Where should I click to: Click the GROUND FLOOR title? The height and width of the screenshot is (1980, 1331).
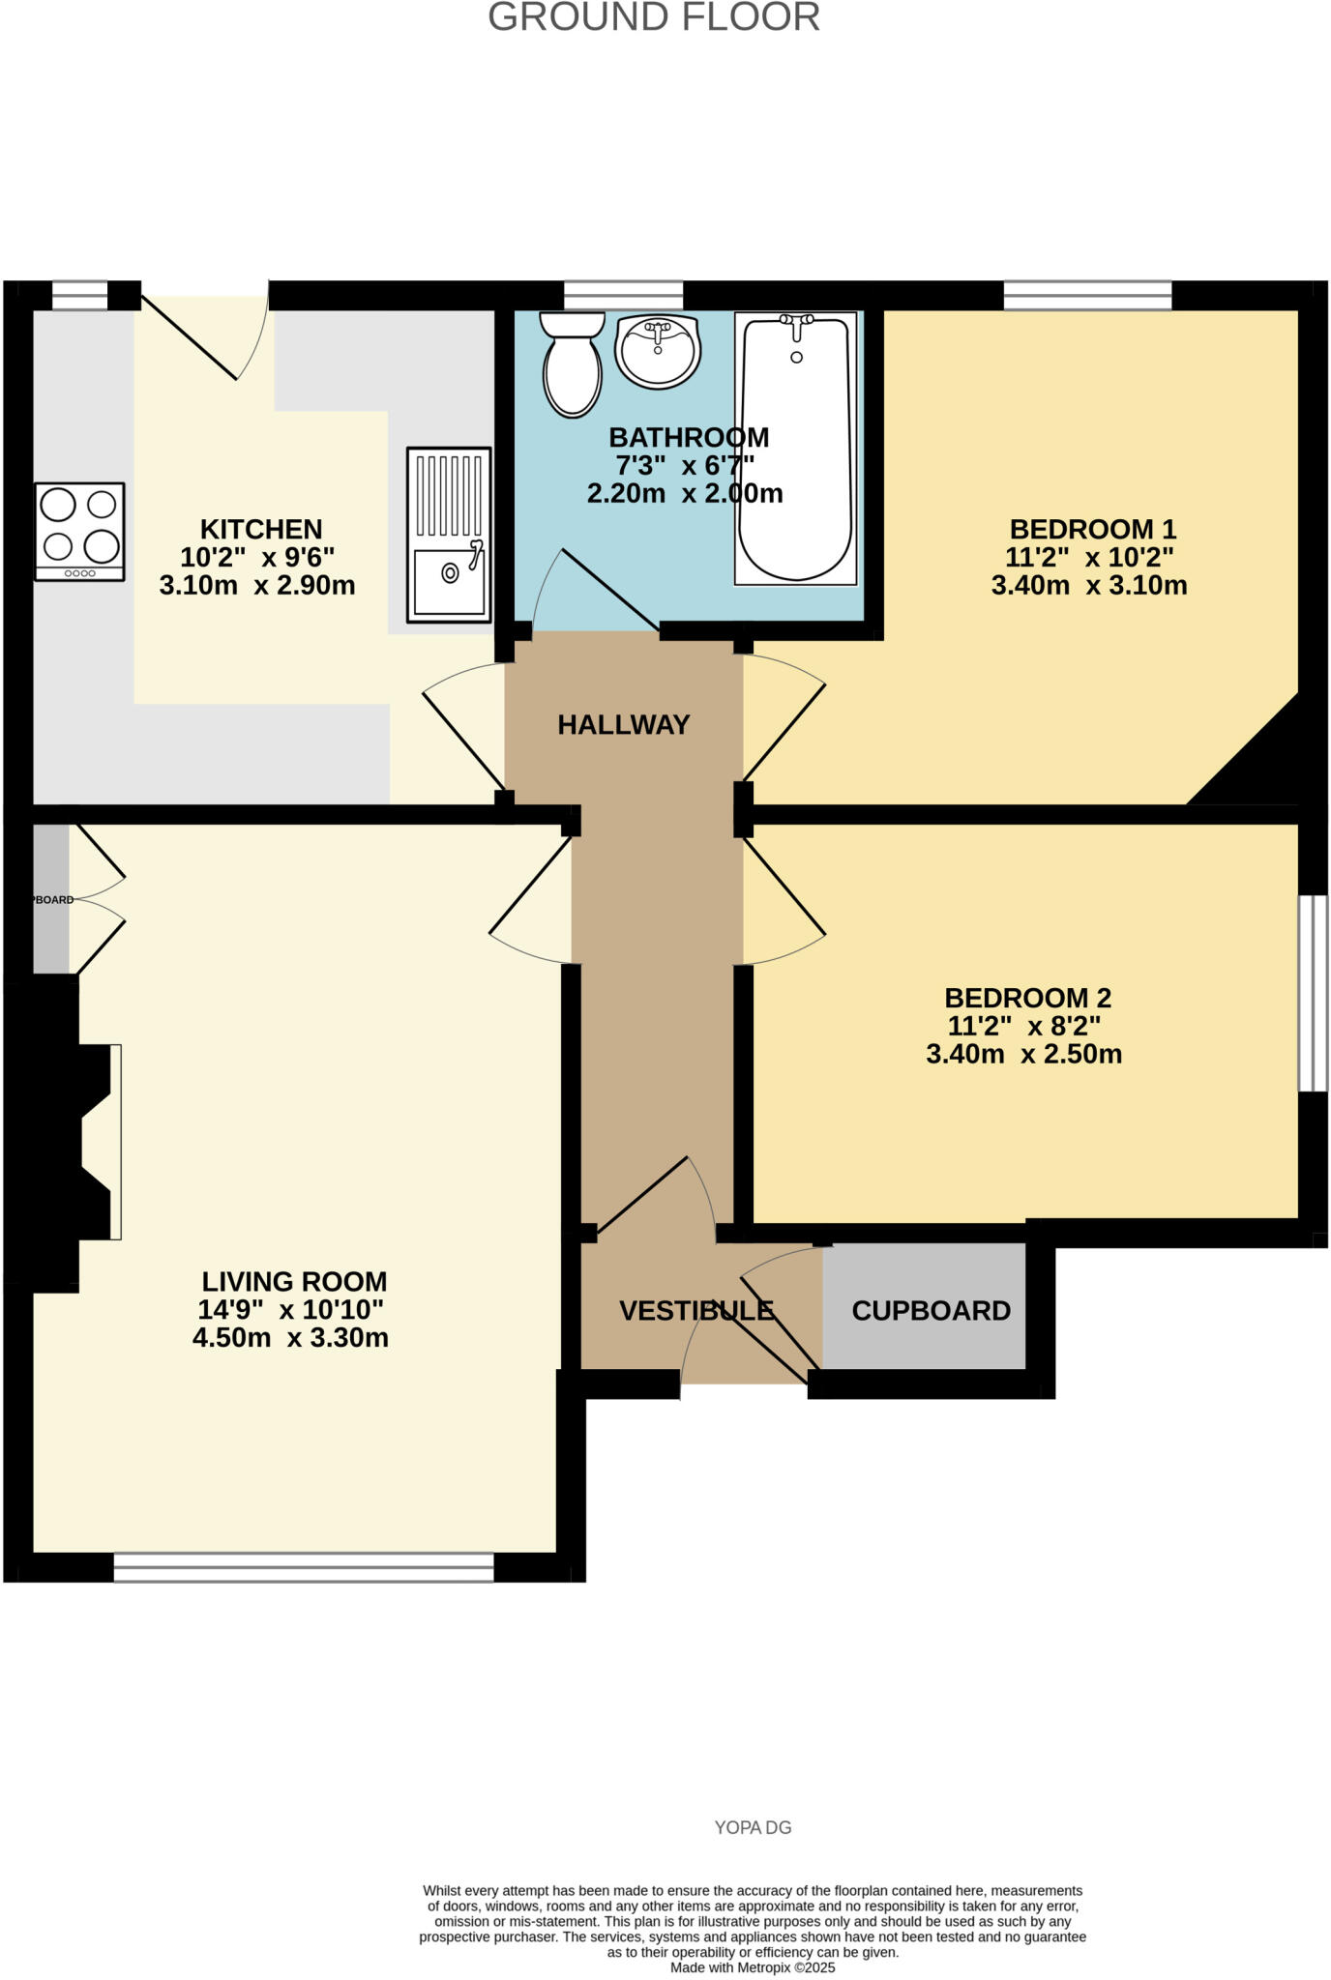(654, 17)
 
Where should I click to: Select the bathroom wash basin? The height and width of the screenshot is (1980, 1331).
(658, 351)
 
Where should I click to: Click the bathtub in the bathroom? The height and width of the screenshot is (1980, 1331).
(795, 449)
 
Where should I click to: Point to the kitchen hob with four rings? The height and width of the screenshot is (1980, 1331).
(79, 531)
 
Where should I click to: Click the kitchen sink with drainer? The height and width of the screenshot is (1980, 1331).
(449, 535)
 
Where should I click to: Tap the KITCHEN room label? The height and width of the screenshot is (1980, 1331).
(261, 529)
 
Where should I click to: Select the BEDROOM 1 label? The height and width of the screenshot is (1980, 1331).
(1092, 529)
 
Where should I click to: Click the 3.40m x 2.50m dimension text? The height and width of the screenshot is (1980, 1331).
(1023, 1054)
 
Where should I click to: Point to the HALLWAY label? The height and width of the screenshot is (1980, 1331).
(624, 724)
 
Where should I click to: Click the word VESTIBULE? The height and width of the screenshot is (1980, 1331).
(696, 1310)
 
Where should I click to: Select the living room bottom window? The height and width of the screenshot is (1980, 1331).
(304, 1567)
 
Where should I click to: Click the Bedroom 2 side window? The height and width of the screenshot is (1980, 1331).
(1312, 993)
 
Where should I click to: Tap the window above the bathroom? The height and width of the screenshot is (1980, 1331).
(623, 295)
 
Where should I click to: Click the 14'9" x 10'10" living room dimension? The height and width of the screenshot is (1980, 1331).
(290, 1309)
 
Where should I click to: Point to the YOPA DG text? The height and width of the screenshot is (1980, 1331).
(753, 1827)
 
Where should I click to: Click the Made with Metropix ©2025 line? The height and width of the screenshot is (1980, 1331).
(753, 1967)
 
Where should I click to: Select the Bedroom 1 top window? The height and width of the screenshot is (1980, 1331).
(1087, 295)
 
